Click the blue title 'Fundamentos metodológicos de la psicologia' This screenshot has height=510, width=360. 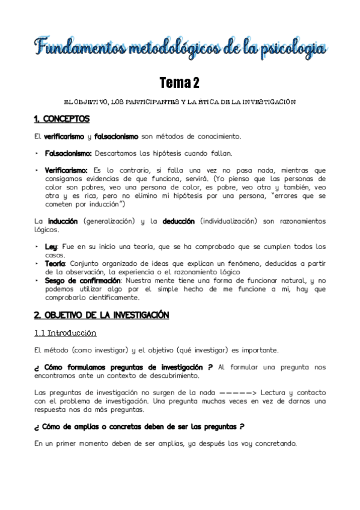[x=180, y=48]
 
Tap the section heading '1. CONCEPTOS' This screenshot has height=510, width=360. [x=62, y=118]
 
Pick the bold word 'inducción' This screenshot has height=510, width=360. [x=63, y=221]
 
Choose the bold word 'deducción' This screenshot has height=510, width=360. [x=178, y=221]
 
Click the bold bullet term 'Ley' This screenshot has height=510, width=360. [x=51, y=247]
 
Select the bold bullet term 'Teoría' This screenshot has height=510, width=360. [x=55, y=263]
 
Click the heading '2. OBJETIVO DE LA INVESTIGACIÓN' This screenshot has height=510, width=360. [x=102, y=315]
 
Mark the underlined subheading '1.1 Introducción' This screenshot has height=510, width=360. [x=65, y=333]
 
